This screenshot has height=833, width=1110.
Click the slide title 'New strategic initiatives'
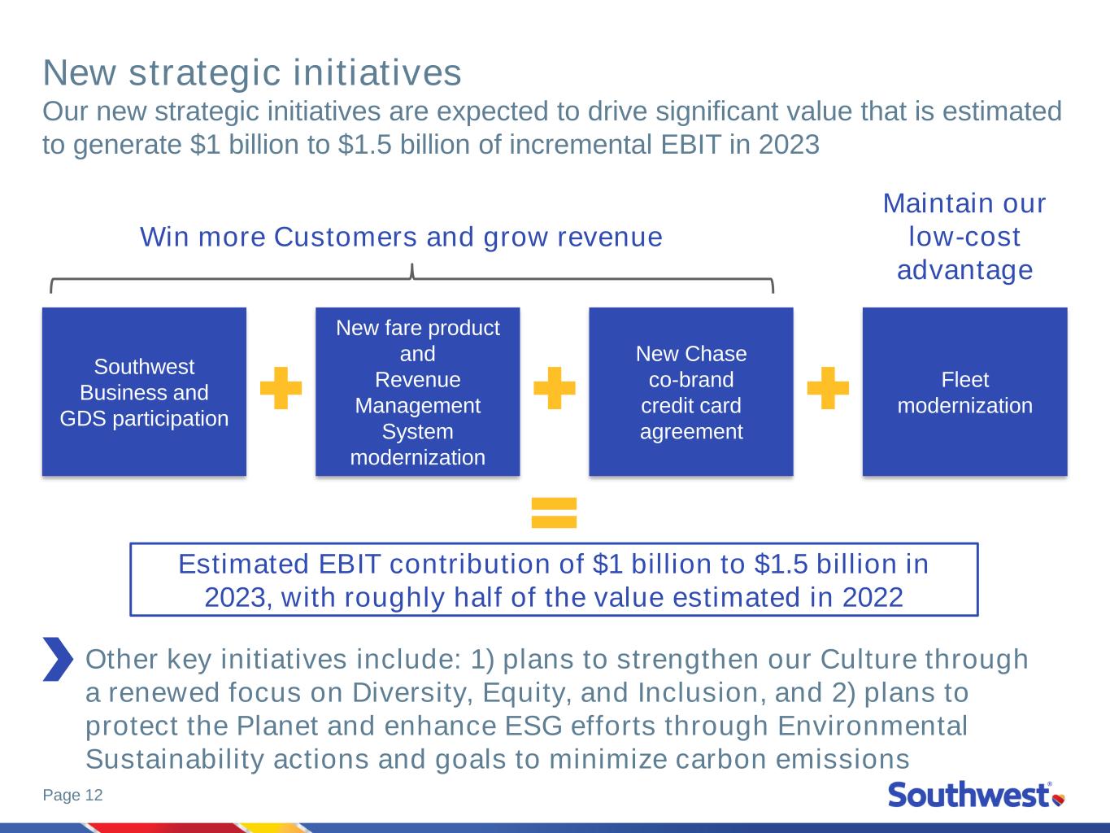click(252, 73)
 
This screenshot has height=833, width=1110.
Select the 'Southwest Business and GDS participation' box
click(144, 391)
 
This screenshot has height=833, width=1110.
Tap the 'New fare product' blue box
click(418, 391)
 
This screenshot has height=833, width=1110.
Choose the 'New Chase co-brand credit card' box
click(690, 391)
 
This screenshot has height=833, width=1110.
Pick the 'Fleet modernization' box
click(965, 391)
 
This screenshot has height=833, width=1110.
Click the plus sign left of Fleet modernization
click(828, 388)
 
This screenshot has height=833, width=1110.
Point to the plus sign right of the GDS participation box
click(281, 388)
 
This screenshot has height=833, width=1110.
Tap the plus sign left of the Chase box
click(555, 388)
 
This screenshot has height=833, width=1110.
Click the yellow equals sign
click(554, 512)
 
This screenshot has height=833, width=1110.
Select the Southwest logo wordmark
click(969, 795)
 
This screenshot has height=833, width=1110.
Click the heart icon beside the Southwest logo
click(1059, 800)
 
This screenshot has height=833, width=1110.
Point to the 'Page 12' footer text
click(73, 795)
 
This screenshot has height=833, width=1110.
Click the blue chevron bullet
click(59, 659)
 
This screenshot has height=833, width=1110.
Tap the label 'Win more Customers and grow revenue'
click(401, 238)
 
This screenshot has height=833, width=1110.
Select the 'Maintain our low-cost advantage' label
click(964, 237)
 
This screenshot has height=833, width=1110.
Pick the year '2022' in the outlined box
click(873, 597)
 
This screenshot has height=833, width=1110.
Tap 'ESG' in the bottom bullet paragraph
click(533, 726)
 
